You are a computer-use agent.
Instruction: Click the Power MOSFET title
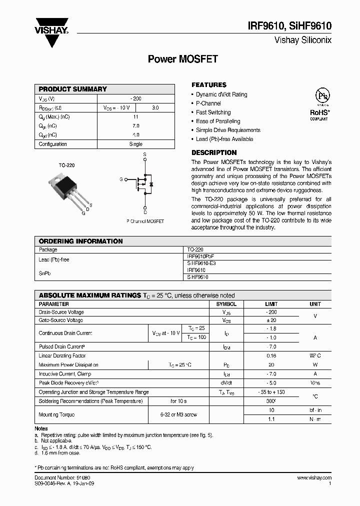[182, 59]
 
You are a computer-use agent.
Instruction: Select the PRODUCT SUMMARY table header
[73, 89]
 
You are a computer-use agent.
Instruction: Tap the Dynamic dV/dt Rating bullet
[221, 94]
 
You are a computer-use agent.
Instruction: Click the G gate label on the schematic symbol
[121, 178]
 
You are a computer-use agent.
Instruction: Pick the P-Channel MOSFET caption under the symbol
[145, 220]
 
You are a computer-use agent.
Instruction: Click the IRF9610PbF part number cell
[200, 255]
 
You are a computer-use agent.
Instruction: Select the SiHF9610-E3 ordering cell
[201, 262]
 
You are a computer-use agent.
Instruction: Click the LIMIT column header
[271, 304]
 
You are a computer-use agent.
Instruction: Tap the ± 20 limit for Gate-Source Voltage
[271, 320]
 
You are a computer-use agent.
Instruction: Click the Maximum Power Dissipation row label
[68, 365]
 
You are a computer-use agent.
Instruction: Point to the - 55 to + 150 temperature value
[271, 392]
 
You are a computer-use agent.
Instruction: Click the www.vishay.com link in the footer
[314, 478]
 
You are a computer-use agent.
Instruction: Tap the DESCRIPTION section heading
[214, 152]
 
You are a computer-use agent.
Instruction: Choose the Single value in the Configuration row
[135, 144]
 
